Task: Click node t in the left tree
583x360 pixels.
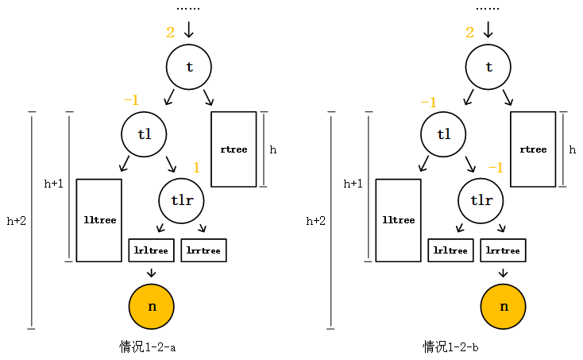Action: (188, 67)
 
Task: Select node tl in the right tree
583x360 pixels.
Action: (443, 134)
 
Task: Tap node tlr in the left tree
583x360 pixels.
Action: (182, 200)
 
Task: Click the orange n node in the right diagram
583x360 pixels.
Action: (504, 306)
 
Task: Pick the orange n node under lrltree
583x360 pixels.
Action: (151, 306)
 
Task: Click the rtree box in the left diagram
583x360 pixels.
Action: (234, 149)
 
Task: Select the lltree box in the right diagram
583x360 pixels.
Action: (398, 220)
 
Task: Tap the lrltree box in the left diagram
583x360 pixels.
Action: (151, 250)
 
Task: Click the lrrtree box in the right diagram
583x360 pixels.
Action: (503, 250)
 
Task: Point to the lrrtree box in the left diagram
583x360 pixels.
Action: (204, 250)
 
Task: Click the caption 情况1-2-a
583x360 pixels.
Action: (147, 346)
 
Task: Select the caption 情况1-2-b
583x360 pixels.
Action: (450, 346)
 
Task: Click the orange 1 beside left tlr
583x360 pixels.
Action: (197, 168)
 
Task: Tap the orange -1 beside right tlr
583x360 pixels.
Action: (495, 168)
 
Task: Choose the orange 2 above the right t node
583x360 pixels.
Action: (469, 33)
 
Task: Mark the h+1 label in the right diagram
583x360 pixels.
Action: (353, 183)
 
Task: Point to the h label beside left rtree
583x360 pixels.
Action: (273, 149)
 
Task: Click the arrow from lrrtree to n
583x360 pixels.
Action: (503, 273)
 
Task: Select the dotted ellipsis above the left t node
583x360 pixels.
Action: (188, 8)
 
